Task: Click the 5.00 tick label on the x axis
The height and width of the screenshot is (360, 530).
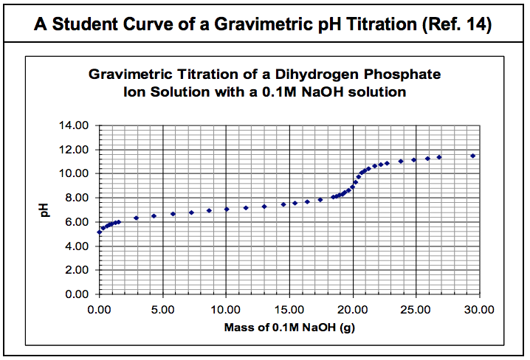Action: click(162, 308)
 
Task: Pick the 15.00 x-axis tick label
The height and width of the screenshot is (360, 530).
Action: click(289, 308)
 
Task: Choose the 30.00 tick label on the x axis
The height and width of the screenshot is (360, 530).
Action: click(480, 308)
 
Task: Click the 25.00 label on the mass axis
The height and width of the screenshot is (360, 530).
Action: click(416, 308)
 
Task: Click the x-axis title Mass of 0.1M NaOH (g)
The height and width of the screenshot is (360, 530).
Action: click(289, 326)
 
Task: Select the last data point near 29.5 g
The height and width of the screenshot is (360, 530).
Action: click(473, 156)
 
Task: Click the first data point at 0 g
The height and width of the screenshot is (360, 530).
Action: click(100, 232)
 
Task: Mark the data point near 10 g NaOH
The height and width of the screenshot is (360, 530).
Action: click(227, 209)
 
